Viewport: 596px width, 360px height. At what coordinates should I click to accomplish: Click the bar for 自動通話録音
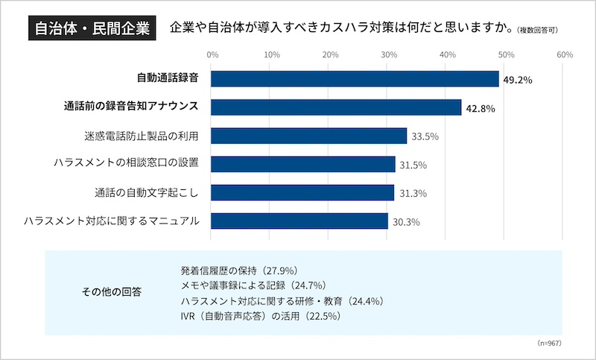tap(355, 79)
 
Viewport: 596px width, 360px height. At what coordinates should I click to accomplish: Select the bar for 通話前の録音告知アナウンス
tap(336, 107)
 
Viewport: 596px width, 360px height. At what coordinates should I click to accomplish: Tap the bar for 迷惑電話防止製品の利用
tap(308, 136)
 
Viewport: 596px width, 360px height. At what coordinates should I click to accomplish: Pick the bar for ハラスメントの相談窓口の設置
tap(303, 164)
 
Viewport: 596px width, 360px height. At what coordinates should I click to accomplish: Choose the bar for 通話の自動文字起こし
tap(302, 192)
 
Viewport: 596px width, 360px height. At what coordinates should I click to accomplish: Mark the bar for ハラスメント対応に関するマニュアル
tap(299, 221)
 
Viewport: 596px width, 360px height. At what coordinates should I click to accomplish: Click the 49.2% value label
tap(518, 80)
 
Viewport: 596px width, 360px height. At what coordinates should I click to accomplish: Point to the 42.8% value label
tap(481, 109)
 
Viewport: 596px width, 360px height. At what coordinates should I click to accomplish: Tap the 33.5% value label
tap(425, 137)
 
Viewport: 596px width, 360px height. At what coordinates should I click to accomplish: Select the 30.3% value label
tap(406, 222)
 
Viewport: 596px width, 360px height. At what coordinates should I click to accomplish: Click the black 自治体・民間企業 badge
tap(90, 30)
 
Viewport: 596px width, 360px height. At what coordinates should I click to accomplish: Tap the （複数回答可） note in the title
tap(536, 31)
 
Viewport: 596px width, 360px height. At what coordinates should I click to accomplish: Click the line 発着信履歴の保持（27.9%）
tap(239, 269)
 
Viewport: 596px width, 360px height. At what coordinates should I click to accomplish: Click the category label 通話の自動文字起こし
tap(147, 192)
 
